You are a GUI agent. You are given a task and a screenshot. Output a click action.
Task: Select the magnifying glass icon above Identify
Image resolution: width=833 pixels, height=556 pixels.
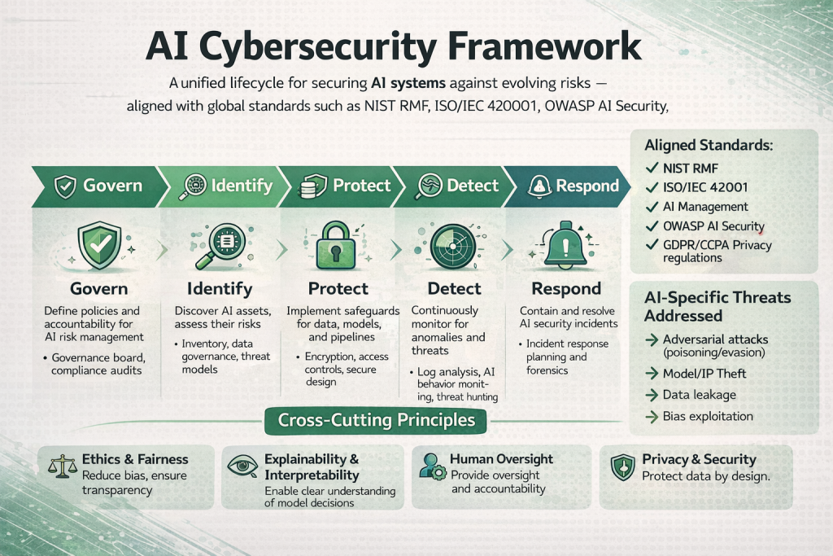click(x=220, y=243)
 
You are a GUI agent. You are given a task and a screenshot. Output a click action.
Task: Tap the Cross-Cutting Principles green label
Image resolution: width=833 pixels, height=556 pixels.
click(x=377, y=420)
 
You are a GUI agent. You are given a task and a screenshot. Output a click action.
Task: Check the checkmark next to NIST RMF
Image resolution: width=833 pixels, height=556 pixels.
click(x=650, y=168)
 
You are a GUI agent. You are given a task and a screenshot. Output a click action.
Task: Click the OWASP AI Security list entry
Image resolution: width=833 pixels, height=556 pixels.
click(x=713, y=226)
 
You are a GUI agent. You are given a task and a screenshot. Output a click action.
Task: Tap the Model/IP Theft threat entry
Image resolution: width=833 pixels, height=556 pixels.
click(x=704, y=373)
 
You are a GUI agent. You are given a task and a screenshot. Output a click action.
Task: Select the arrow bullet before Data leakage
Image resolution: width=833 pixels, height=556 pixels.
click(x=651, y=395)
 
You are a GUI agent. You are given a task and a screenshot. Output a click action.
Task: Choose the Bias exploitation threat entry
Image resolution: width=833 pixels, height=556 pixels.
click(x=708, y=416)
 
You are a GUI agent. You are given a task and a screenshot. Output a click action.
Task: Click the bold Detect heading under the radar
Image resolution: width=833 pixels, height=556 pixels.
click(x=449, y=289)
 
